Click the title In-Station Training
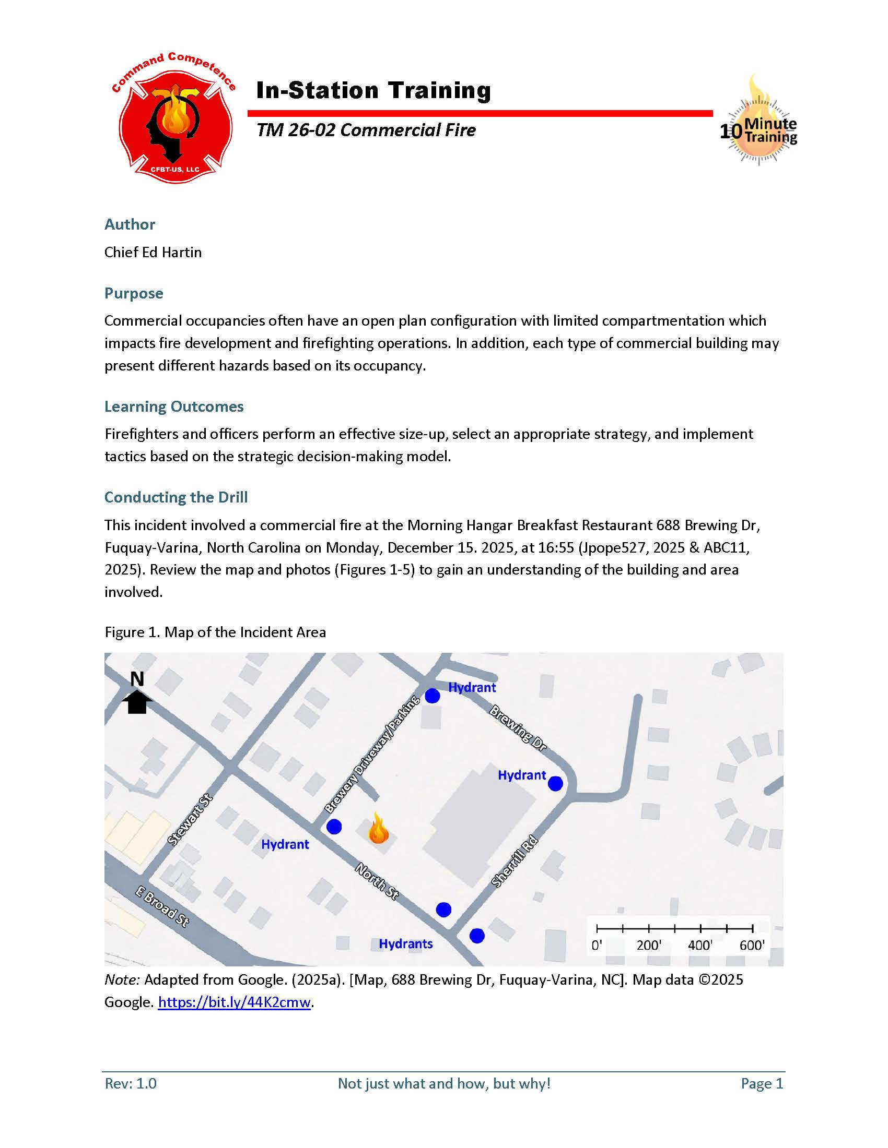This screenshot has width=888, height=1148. (373, 90)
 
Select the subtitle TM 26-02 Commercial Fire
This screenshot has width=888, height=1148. (366, 130)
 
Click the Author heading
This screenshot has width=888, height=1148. (130, 224)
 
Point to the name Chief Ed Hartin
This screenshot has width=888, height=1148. (153, 253)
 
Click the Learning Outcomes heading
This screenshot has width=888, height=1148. (173, 406)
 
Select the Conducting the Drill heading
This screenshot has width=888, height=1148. (176, 497)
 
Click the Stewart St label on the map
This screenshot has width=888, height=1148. (190, 820)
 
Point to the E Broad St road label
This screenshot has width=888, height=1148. (162, 907)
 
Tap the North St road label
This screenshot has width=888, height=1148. (377, 881)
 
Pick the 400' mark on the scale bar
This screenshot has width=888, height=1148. (700, 946)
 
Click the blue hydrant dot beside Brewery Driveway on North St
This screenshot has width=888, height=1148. (334, 827)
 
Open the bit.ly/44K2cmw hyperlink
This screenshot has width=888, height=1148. (234, 1002)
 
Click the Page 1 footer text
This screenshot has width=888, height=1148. (762, 1083)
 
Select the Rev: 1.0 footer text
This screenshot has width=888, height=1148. (131, 1083)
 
